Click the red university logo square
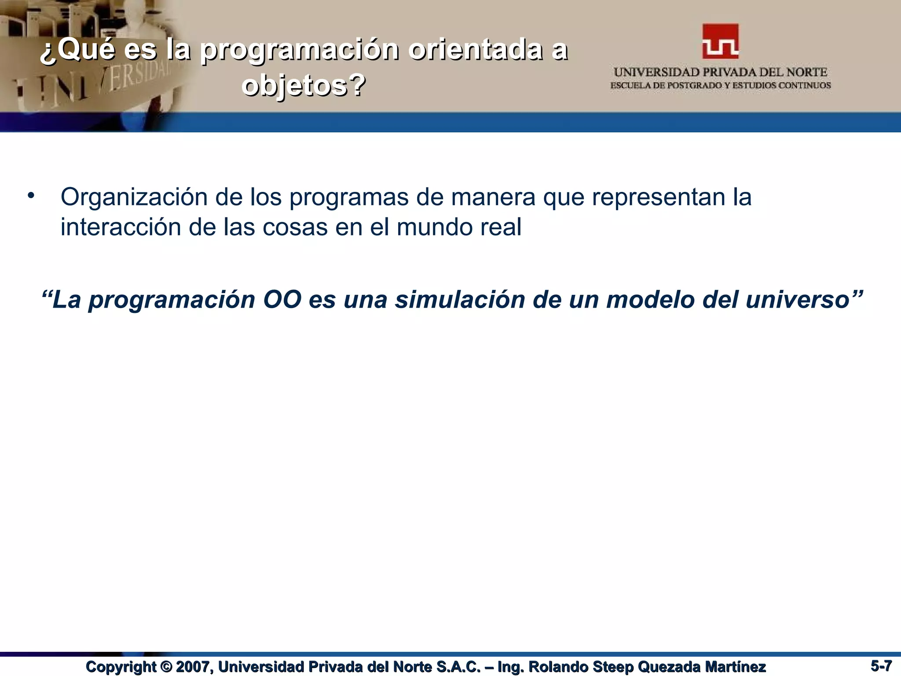pyautogui.click(x=720, y=41)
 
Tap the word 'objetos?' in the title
pyautogui.click(x=304, y=84)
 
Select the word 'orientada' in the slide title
pyautogui.click(x=475, y=50)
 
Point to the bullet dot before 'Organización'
pyautogui.click(x=30, y=195)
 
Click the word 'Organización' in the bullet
pyautogui.click(x=134, y=197)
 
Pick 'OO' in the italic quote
pyautogui.click(x=282, y=299)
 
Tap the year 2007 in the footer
pyautogui.click(x=194, y=667)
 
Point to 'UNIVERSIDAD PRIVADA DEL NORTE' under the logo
pyautogui.click(x=720, y=72)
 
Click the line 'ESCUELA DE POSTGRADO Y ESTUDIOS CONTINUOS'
pyautogui.click(x=720, y=85)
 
